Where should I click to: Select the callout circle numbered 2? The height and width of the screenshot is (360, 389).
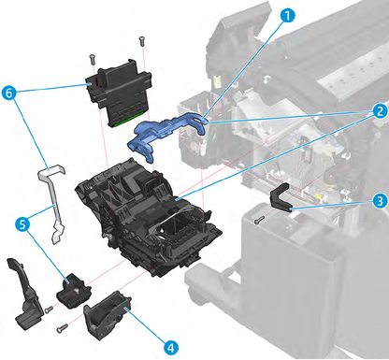coord(378,110)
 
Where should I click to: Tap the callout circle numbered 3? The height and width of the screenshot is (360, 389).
coord(378,200)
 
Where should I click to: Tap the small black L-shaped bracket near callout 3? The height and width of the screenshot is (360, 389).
coord(282,198)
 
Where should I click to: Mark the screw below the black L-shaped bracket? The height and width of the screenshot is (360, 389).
coord(259,221)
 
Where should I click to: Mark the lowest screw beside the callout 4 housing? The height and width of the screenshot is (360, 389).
coord(61,327)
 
